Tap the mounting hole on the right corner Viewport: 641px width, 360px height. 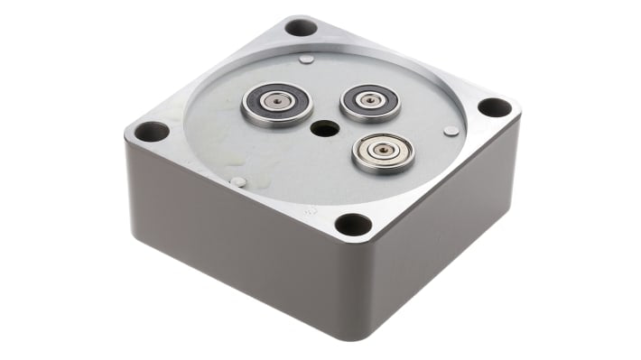[x=494, y=107]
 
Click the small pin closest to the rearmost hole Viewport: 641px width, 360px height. [x=307, y=60]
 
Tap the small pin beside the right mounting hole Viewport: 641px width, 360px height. [x=451, y=131]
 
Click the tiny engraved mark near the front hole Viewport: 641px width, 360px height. [x=311, y=210]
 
